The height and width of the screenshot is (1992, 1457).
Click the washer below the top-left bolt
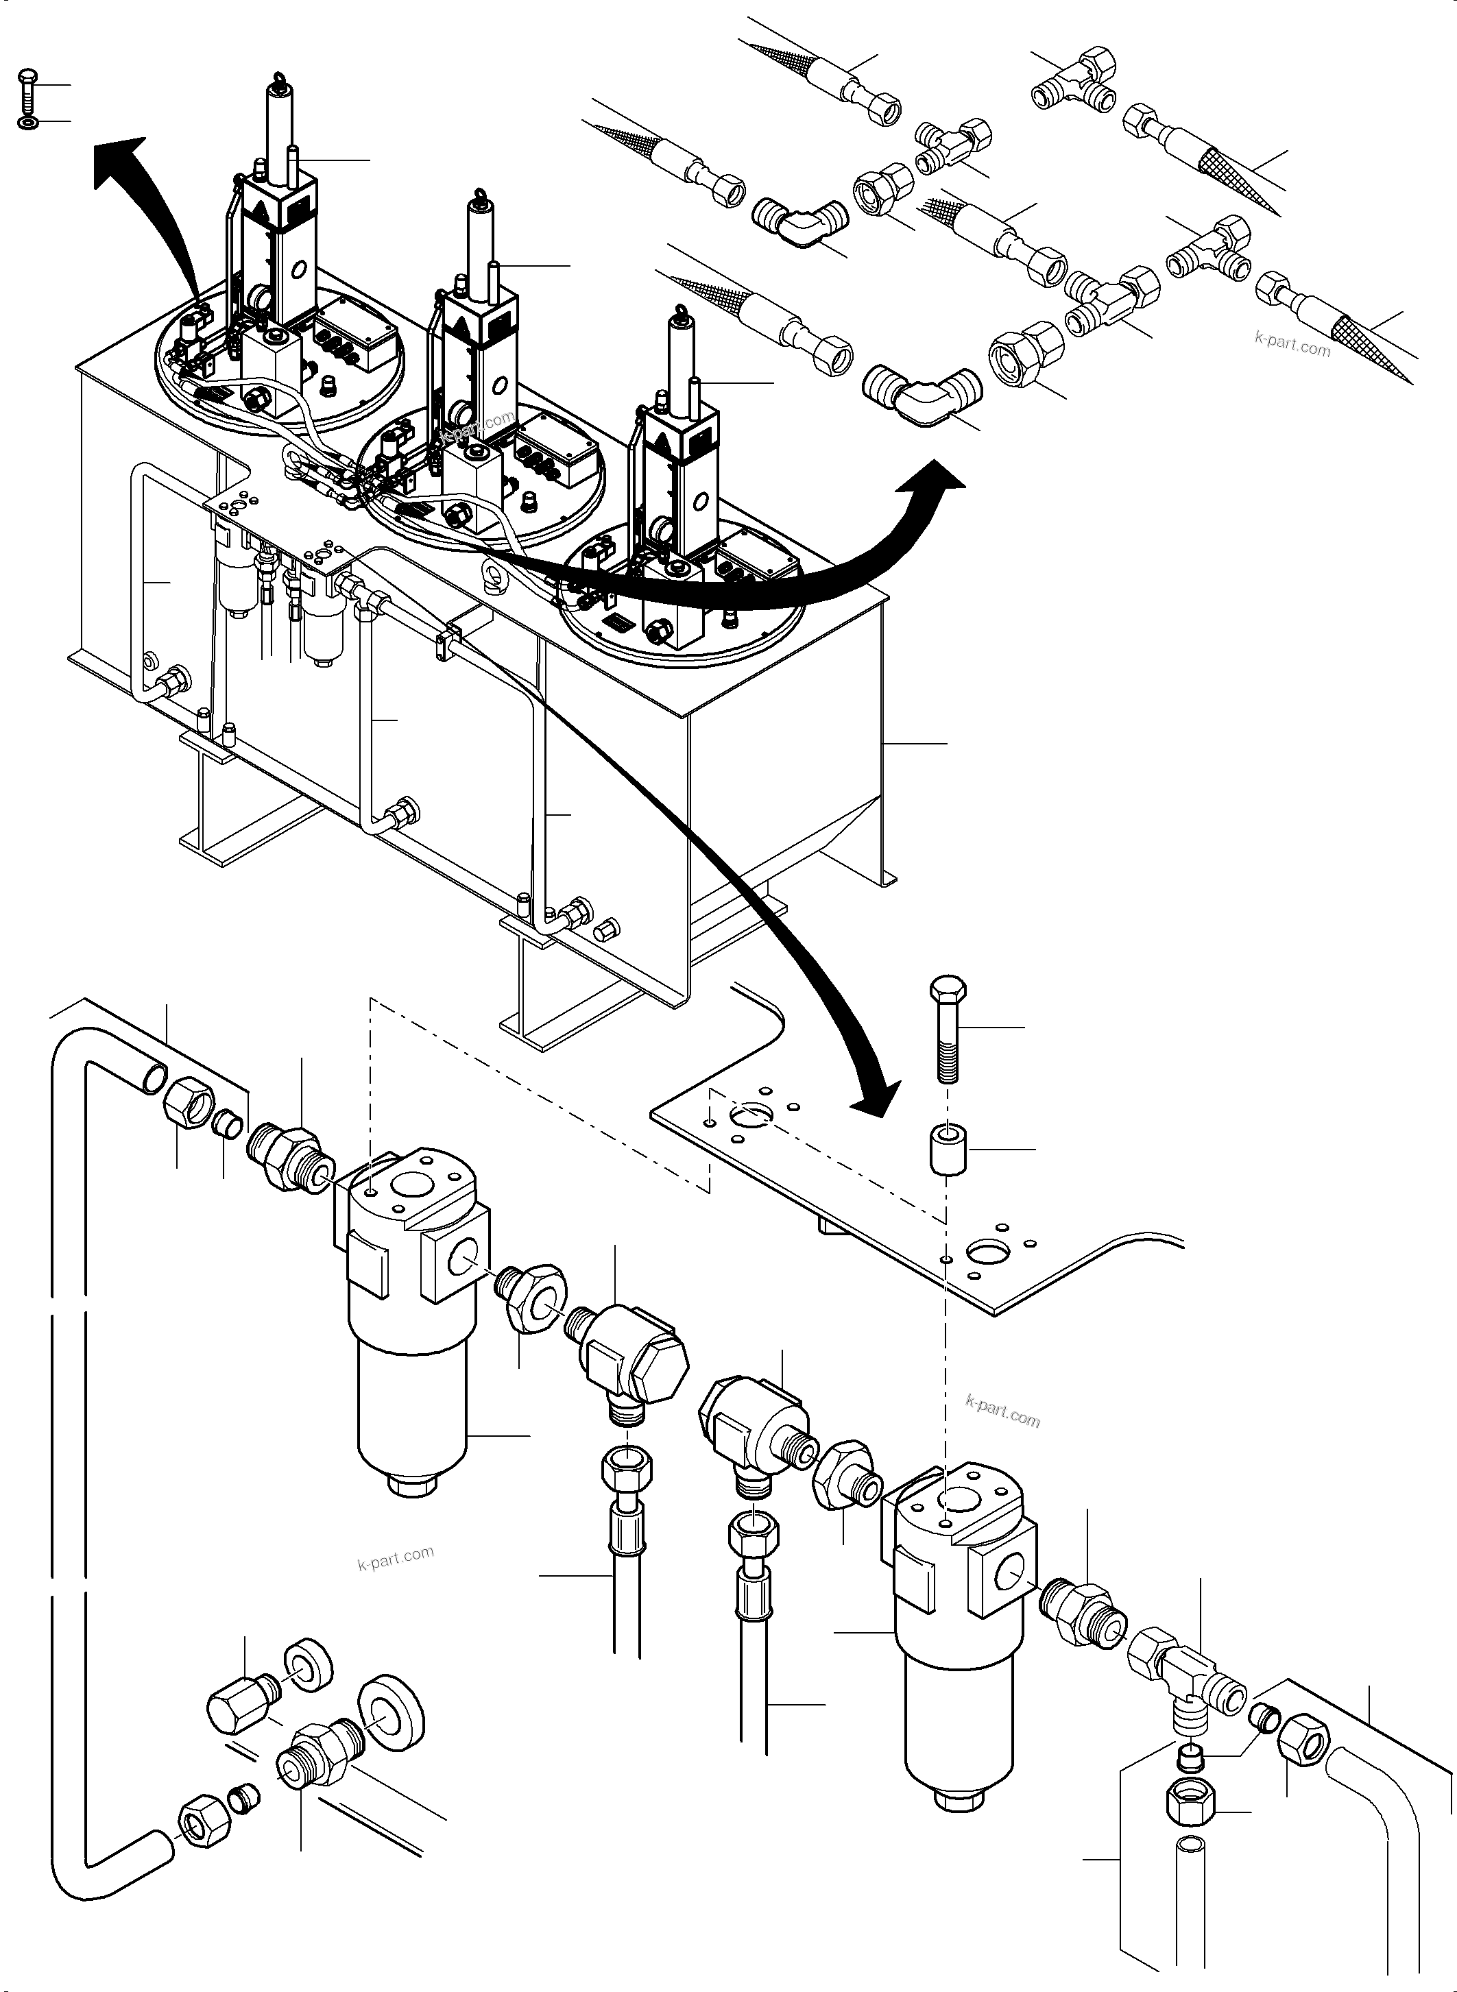[x=27, y=121]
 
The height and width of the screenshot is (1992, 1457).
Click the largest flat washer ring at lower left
[x=392, y=1710]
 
